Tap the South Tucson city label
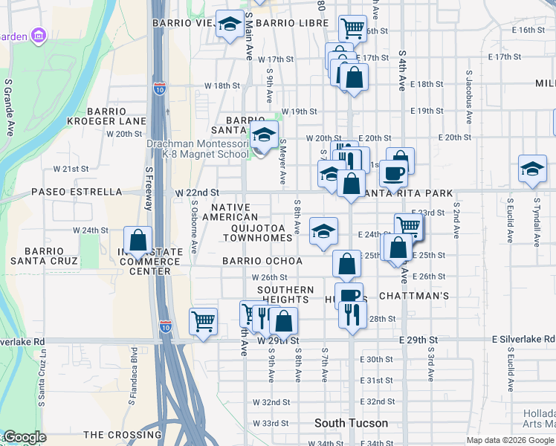pyautogui.click(x=351, y=423)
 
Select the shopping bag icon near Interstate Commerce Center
pyautogui.click(x=138, y=240)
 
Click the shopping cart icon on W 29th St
pyautogui.click(x=203, y=322)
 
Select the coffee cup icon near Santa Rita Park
pyautogui.click(x=393, y=174)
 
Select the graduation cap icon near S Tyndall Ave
pyautogui.click(x=532, y=169)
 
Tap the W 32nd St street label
pyautogui.click(x=271, y=402)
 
